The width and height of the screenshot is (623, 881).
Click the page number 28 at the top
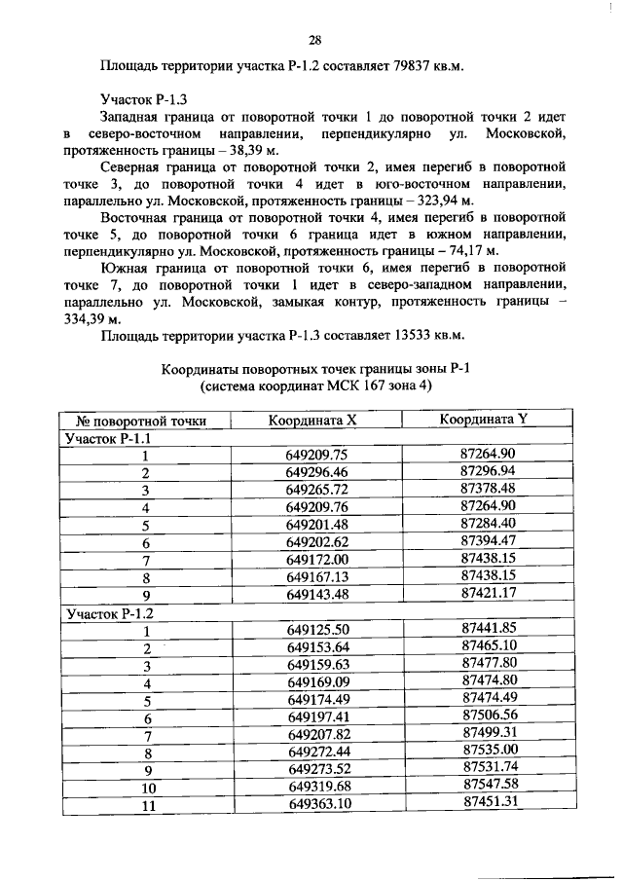314,40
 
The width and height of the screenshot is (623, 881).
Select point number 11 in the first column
147,805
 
